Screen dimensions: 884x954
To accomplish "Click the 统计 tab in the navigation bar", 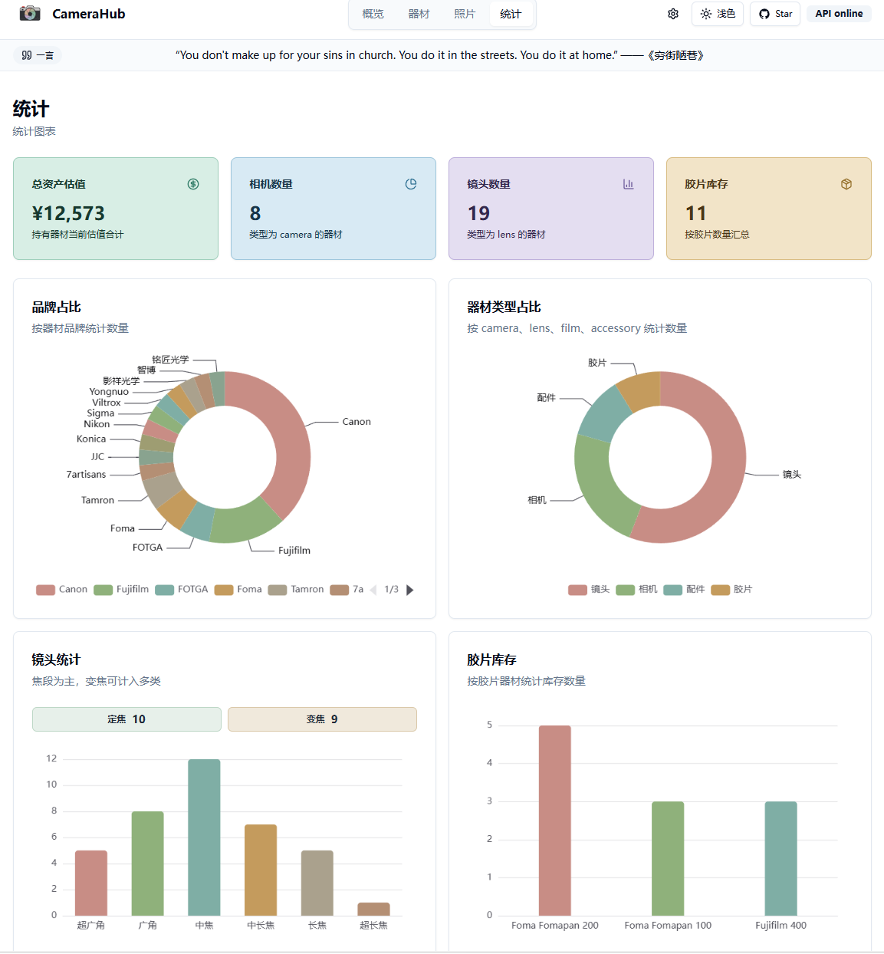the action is click(x=510, y=15).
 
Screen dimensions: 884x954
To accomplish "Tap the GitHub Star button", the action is click(x=775, y=14).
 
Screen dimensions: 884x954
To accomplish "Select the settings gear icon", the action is click(x=673, y=14).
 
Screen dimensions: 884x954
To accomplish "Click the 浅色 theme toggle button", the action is click(x=718, y=14).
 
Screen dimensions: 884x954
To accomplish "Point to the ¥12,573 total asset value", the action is click(x=68, y=213).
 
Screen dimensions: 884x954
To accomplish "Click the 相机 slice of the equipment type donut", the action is click(x=600, y=485).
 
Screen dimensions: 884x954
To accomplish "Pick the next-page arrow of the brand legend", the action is click(x=410, y=590).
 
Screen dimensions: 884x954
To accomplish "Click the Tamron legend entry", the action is click(x=296, y=590).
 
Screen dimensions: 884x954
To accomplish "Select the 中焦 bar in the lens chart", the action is click(x=204, y=837).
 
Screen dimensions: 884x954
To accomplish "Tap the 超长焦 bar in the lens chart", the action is click(x=374, y=909).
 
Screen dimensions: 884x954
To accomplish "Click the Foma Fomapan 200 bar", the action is click(x=555, y=821).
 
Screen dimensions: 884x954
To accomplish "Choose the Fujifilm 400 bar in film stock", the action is click(x=780, y=858).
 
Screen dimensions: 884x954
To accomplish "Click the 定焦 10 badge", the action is click(x=127, y=719).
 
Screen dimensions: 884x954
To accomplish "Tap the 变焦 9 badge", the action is click(x=322, y=719).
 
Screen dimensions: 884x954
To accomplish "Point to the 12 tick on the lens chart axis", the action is click(x=51, y=758).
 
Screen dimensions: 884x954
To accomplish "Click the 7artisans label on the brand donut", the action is click(x=86, y=475).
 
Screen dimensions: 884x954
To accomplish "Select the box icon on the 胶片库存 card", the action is click(x=846, y=184).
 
